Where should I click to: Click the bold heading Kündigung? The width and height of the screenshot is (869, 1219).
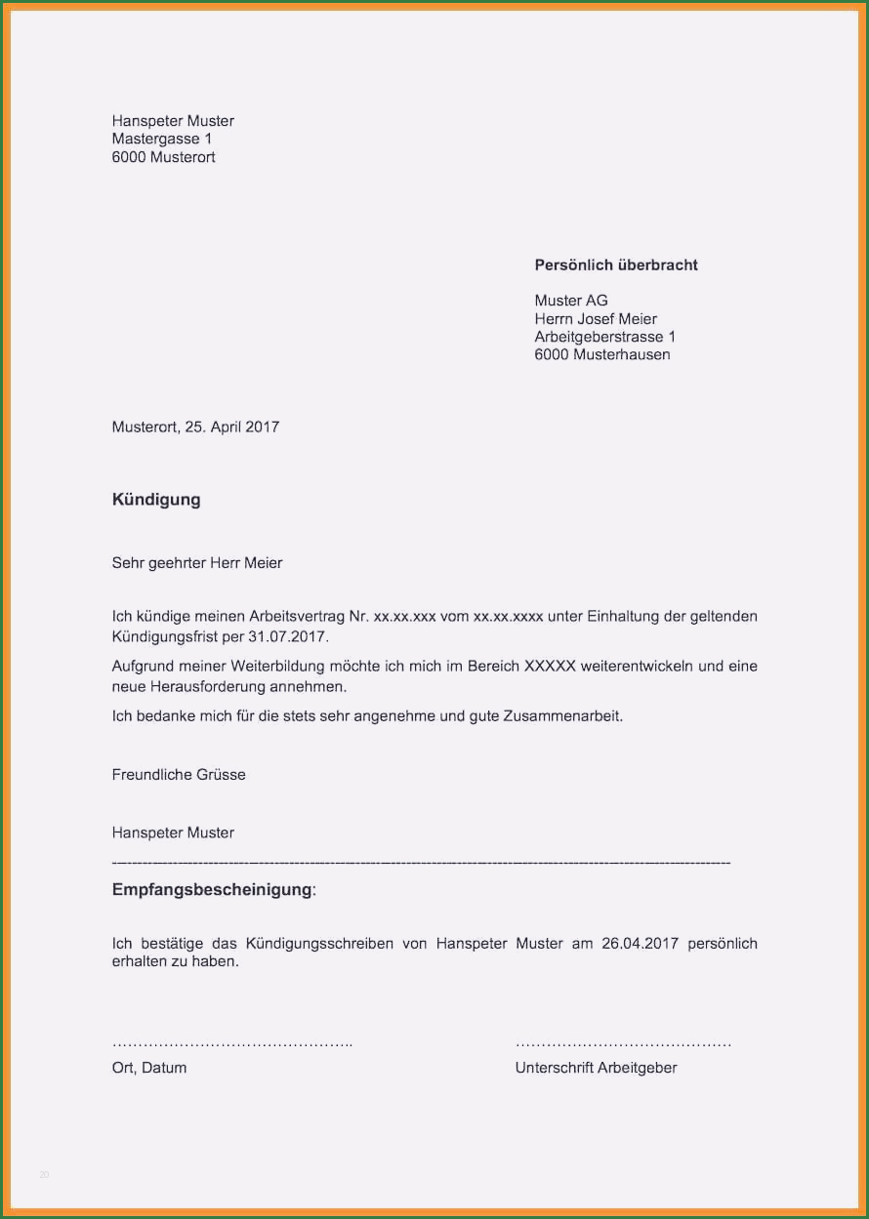156,500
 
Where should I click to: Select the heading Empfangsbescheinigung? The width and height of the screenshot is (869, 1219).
212,890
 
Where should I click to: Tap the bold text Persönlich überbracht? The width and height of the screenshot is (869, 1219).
616,265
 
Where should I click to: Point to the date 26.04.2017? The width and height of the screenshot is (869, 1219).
640,944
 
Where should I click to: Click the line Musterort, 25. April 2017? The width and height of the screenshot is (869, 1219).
195,427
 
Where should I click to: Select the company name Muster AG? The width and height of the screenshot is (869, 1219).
571,301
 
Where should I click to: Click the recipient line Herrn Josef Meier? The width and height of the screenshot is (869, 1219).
596,319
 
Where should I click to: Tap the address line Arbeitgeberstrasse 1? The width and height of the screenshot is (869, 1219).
605,337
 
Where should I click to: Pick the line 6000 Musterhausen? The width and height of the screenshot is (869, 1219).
602,355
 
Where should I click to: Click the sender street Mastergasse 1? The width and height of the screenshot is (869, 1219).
162,140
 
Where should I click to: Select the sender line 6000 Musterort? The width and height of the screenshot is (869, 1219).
164,157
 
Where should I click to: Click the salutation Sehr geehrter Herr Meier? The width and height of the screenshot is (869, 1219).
197,563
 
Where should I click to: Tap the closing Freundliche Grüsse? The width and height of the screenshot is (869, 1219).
179,775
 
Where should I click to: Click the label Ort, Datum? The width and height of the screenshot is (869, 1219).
149,1068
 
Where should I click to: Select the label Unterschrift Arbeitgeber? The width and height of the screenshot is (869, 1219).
596,1068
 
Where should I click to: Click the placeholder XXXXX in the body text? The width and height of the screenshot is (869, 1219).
550,667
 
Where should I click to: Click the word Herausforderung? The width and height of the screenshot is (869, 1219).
207,687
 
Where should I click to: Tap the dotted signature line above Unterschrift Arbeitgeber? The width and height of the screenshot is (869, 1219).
623,1044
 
